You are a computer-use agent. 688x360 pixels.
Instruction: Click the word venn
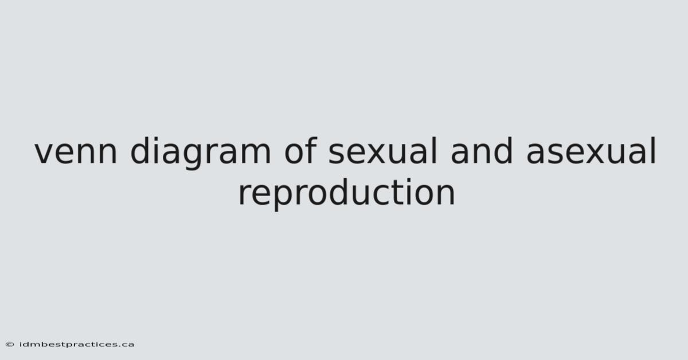click(x=76, y=152)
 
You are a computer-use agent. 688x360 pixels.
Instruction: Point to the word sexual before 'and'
click(x=382, y=151)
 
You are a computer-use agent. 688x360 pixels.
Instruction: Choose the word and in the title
click(x=481, y=151)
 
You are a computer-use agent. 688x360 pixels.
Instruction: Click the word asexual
click(x=591, y=151)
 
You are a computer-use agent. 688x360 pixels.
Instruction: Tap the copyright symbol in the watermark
click(x=10, y=345)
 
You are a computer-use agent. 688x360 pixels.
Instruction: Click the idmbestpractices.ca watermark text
click(x=77, y=345)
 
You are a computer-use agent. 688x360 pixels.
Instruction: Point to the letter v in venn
click(x=45, y=152)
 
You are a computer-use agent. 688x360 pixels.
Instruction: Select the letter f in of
click(x=311, y=150)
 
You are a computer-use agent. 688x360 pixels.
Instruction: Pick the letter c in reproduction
click(x=384, y=194)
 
